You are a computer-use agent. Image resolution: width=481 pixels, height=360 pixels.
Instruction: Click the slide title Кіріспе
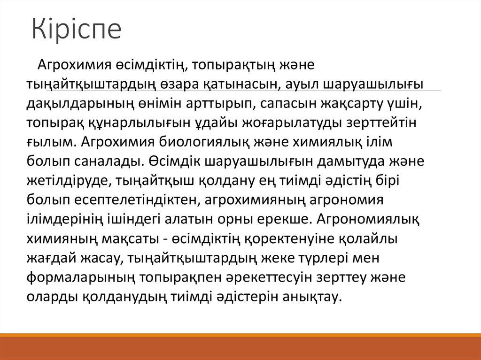(77, 29)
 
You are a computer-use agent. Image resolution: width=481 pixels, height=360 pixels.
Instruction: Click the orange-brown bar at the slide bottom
(240, 347)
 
